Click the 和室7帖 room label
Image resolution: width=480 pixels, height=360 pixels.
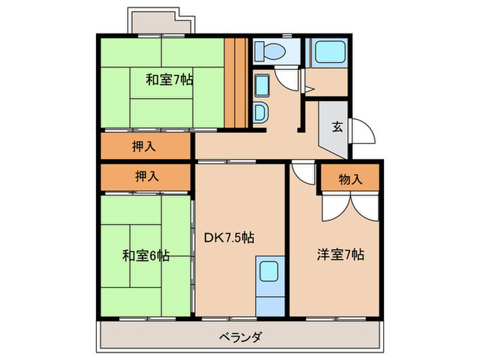click(x=169, y=80)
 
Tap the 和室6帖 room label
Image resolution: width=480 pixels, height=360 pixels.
click(x=145, y=256)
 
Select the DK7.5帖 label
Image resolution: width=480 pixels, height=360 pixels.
click(x=230, y=238)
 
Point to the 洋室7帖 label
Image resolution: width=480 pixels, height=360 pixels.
click(x=341, y=254)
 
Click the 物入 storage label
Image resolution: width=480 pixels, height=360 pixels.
click(x=350, y=179)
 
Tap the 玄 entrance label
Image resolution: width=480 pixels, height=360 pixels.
click(x=338, y=126)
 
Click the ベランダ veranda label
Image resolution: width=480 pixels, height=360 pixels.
click(x=240, y=337)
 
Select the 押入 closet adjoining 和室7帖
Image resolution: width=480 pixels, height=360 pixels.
click(x=145, y=146)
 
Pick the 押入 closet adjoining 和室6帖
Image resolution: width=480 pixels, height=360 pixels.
click(x=145, y=176)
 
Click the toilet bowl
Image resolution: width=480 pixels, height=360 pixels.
click(x=272, y=50)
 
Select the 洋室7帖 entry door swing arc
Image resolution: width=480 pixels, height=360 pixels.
click(x=300, y=172)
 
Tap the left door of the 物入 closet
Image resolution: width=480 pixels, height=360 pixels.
click(x=333, y=206)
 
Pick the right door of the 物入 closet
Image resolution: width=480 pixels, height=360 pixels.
click(x=363, y=206)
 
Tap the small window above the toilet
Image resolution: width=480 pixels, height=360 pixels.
click(x=286, y=34)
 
